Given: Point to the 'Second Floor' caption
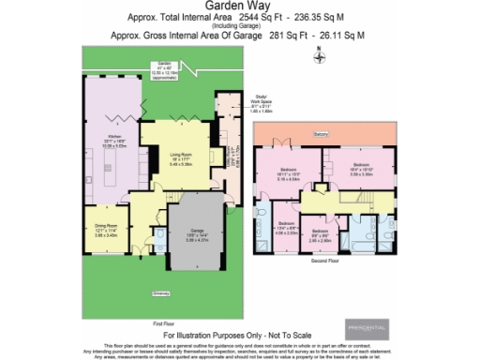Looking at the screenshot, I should (323, 263).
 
